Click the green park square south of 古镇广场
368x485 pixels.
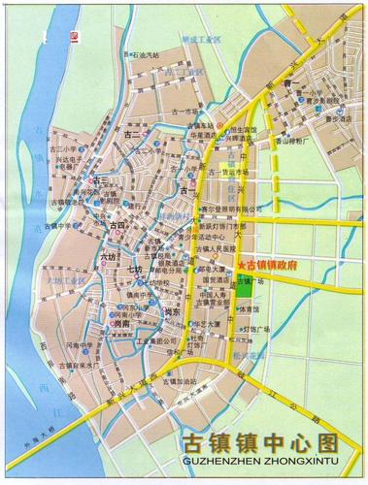[246, 286]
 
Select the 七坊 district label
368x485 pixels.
[134, 269]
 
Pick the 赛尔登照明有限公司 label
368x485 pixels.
[230, 207]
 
